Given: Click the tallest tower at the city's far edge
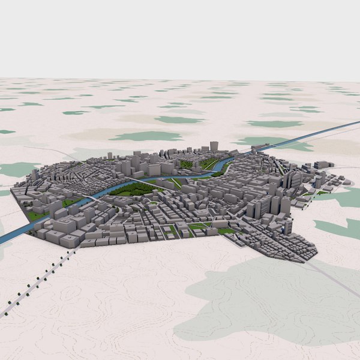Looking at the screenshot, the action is (214, 146).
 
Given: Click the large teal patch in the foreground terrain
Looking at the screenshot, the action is (270, 300).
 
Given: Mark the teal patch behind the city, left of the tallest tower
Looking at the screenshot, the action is (147, 136).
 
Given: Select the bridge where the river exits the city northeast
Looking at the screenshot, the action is (257, 147).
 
